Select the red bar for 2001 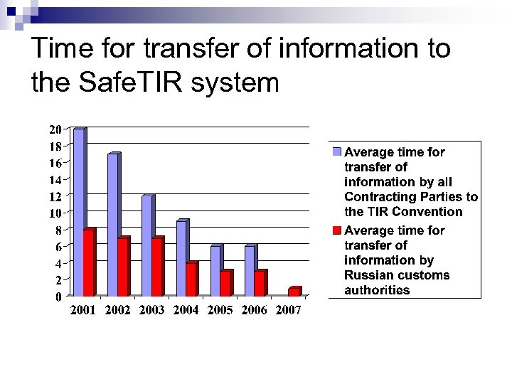(89, 262)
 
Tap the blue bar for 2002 (112, 224)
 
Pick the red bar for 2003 (157, 267)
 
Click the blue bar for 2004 (181, 257)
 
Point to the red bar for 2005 (225, 283)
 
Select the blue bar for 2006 (249, 270)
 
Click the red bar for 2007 (294, 292)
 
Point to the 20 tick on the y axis (55, 129)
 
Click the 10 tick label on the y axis (55, 213)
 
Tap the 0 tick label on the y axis (58, 297)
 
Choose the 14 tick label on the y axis (55, 179)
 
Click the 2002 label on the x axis (117, 311)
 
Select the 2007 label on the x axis (288, 311)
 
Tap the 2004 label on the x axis (186, 311)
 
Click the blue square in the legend (337, 152)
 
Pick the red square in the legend (337, 230)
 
